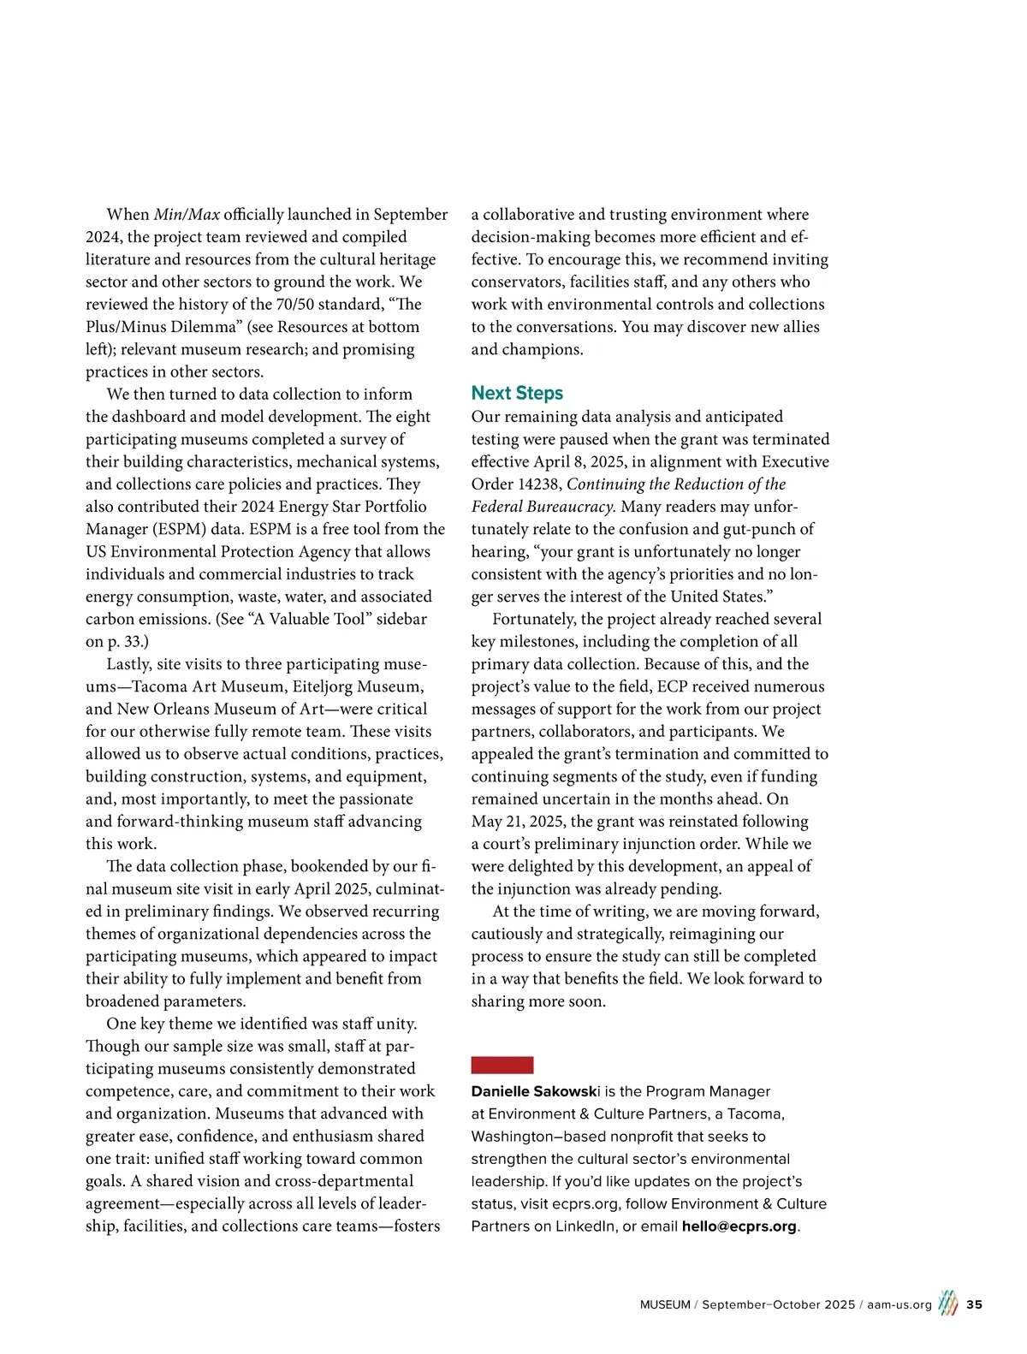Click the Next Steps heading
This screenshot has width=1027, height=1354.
(517, 393)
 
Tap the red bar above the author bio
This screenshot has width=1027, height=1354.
(502, 1065)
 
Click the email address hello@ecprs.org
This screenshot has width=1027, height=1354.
(739, 1226)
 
